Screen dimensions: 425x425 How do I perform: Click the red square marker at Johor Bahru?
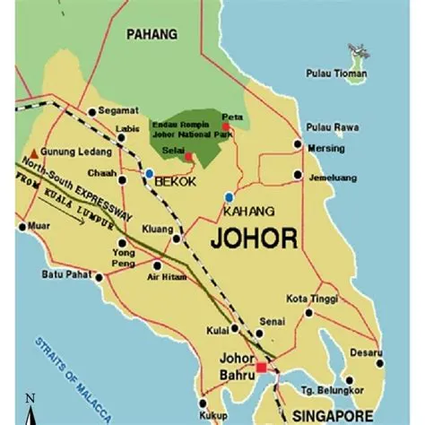[x=261, y=368]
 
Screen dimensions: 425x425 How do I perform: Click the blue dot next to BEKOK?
[x=149, y=172]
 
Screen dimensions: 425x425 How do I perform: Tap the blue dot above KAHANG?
[x=230, y=196]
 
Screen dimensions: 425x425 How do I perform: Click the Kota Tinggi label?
[x=309, y=297]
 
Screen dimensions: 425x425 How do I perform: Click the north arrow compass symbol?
[x=30, y=408]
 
